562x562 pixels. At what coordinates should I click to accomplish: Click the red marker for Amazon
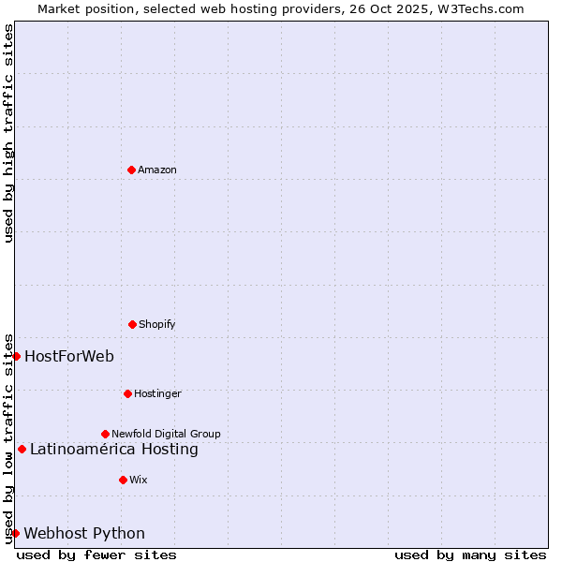(x=131, y=170)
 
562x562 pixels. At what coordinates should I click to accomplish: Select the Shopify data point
(x=132, y=324)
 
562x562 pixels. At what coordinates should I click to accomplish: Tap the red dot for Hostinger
(x=127, y=393)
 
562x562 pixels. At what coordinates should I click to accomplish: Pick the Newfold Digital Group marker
(x=105, y=434)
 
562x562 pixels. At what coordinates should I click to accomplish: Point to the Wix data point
(x=123, y=480)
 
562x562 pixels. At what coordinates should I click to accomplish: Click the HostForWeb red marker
(x=16, y=356)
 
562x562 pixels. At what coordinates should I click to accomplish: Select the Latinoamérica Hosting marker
(x=22, y=449)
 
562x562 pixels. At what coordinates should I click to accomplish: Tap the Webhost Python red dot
(x=15, y=533)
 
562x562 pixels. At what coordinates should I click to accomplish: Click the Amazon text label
(x=157, y=170)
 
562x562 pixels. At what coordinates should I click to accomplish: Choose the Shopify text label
(x=157, y=324)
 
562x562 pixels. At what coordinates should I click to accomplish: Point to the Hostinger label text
(x=157, y=393)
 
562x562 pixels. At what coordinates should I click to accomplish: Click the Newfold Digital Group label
(x=166, y=434)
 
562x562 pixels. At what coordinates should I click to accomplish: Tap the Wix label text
(x=139, y=480)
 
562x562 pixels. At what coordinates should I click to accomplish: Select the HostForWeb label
(x=69, y=356)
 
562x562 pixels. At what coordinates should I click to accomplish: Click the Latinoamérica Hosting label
(x=114, y=449)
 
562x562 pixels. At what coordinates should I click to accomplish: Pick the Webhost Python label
(x=84, y=533)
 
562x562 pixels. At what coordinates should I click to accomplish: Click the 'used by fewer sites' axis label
(x=96, y=555)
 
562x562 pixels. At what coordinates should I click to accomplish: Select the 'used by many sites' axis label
(x=470, y=555)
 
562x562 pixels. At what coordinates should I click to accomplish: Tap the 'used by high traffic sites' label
(x=8, y=133)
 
